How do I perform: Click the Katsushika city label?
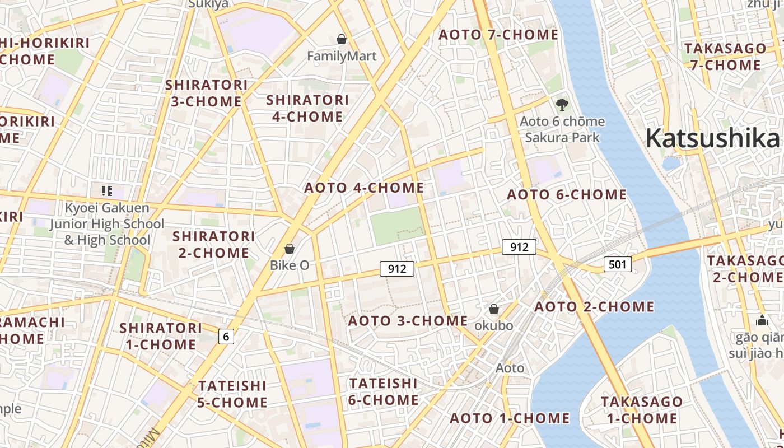click(x=712, y=138)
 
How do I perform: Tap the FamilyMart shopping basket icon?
click(x=342, y=39)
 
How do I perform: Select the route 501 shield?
click(x=618, y=264)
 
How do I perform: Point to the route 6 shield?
click(x=226, y=336)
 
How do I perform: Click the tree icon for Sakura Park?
click(x=562, y=104)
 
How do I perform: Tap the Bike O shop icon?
click(x=290, y=248)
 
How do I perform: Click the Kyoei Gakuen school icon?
click(x=106, y=190)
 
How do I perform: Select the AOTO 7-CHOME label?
click(x=498, y=35)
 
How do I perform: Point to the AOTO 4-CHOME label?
click(x=364, y=188)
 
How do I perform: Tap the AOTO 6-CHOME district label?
click(x=566, y=195)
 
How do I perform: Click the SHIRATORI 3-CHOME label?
click(x=206, y=93)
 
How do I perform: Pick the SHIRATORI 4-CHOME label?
click(x=307, y=108)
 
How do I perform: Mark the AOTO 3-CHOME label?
click(x=408, y=321)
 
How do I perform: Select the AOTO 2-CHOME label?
click(x=594, y=307)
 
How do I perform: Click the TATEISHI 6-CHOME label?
click(x=384, y=391)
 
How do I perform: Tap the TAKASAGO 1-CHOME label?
click(x=641, y=410)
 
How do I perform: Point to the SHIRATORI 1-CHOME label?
click(x=161, y=335)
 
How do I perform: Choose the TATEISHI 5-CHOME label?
click(x=232, y=394)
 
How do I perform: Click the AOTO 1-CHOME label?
click(x=509, y=418)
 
